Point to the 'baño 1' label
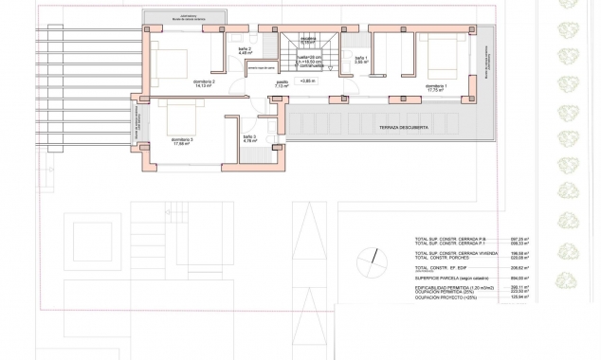tap(360, 59)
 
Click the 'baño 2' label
tap(244, 50)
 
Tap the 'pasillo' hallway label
tap(282, 83)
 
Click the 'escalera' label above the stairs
tap(307, 40)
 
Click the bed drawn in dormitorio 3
tap(181, 117)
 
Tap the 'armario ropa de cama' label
tap(263, 68)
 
